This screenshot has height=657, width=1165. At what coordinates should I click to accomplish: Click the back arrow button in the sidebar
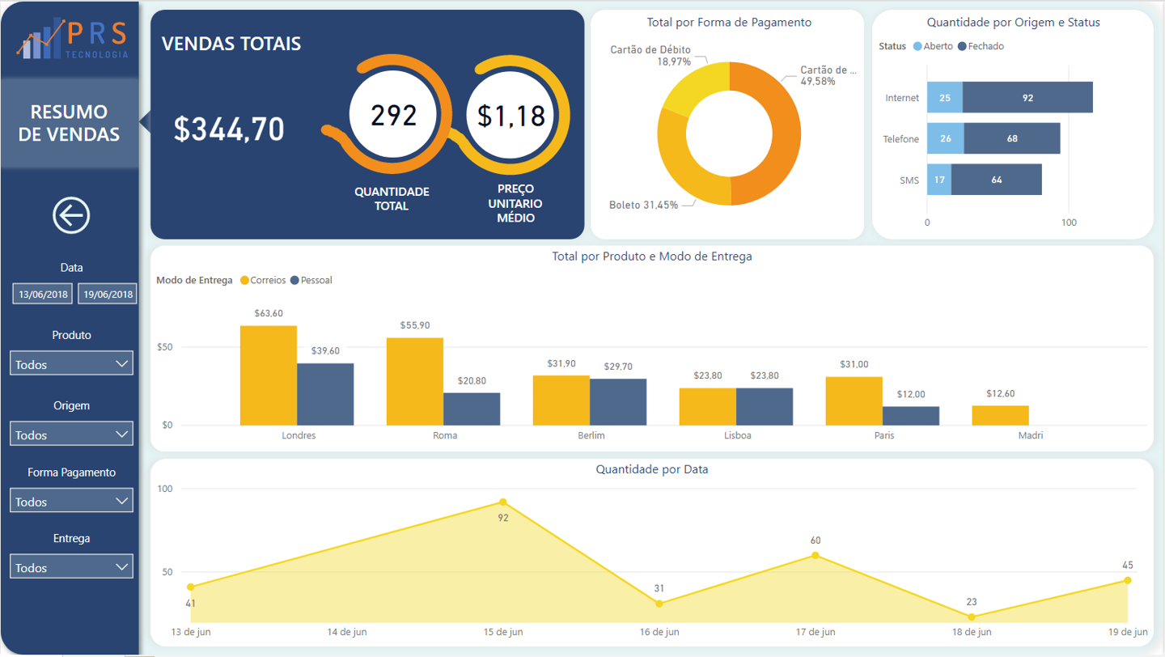point(71,215)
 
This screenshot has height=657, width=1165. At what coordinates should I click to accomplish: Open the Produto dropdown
point(71,364)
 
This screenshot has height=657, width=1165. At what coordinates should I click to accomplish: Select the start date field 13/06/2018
point(42,294)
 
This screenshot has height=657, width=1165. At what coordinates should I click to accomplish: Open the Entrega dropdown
point(71,567)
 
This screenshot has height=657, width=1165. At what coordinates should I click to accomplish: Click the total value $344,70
point(229,129)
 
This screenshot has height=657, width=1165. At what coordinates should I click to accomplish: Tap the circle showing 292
point(393,116)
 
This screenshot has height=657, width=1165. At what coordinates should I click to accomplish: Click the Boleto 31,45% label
point(643,206)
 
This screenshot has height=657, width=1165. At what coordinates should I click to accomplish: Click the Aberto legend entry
point(934,46)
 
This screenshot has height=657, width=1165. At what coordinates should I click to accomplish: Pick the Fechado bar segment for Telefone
point(1011,138)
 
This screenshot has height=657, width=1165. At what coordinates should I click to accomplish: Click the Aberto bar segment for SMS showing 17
point(938,180)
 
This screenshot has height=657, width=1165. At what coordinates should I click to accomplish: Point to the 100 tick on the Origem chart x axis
point(1069,223)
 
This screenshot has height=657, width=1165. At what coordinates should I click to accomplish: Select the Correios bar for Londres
point(268,375)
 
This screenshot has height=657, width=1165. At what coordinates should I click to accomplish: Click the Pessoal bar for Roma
point(472,409)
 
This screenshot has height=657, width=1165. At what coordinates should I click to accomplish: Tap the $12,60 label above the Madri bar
point(1000,394)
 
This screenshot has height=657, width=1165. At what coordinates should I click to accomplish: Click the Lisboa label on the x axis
point(737,435)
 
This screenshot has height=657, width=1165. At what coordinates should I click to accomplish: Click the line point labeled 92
point(503,502)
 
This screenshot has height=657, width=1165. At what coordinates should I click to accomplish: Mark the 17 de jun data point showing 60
point(815,555)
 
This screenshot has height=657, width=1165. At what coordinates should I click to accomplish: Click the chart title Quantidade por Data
point(651,469)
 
